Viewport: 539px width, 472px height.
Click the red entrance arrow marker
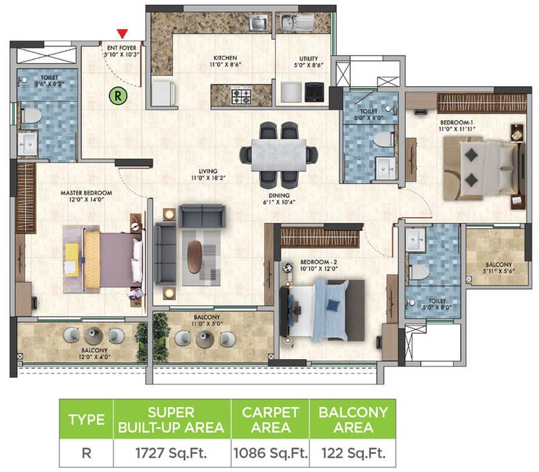(x=123, y=33)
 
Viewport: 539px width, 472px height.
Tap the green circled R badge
(x=116, y=94)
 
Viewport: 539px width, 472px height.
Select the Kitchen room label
(x=225, y=58)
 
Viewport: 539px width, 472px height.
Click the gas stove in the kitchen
(x=241, y=93)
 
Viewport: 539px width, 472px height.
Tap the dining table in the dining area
(x=279, y=153)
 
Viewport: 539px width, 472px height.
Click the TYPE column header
(x=86, y=420)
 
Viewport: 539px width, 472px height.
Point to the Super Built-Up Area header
(x=171, y=420)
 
